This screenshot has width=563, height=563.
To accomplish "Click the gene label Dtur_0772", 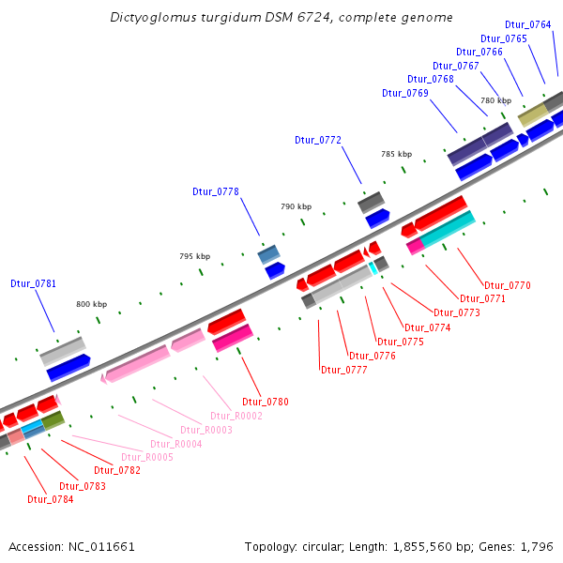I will pos(318,140).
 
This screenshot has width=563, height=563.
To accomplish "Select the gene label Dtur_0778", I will pos(216,191).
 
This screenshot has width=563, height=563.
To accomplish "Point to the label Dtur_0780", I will pos(266,402).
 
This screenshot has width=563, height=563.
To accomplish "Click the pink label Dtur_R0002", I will pos(236,416).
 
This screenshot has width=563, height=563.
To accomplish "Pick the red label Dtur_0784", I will pos(51,499).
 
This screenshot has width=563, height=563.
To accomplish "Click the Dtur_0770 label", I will pos(508,284).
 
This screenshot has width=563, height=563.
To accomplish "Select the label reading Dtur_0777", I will pos(344,370).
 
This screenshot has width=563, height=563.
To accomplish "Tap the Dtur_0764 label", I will pos(528,24).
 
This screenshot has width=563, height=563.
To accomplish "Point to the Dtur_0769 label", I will pos(405,93).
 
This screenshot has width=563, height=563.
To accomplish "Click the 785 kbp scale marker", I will pos(396,154).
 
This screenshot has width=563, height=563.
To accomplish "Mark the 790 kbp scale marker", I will pos(296,205).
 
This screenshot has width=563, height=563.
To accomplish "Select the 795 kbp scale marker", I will pos(195,256).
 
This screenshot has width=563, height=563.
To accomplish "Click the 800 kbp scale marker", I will pos(92,304).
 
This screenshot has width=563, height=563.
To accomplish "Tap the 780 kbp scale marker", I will pos(496,100).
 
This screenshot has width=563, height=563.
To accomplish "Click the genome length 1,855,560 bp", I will pos(424,546).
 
